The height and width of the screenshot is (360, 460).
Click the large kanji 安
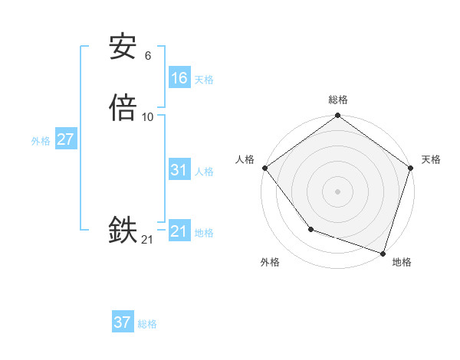pos(123,47)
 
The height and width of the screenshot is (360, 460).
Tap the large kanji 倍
pos(123,107)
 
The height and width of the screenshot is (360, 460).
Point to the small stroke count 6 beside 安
pos(147,55)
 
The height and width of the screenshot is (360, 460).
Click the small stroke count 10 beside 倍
pos(148,116)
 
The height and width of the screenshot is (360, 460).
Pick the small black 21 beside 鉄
pos(147,240)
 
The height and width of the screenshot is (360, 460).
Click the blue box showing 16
pos(179,78)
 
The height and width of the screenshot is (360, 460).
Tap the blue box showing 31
pos(179,170)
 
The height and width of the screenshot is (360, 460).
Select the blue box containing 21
pos(179,231)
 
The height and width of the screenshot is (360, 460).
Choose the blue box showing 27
pos(65,139)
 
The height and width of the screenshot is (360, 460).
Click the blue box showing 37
pos(122,322)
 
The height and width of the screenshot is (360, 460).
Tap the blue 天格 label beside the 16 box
pos(204,80)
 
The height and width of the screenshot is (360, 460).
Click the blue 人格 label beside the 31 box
pos(204,172)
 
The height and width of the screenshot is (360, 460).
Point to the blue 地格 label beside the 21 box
pos(204,233)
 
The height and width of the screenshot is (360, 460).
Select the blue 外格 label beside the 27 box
pos(41,141)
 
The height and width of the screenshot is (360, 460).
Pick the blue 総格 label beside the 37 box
pos(147,324)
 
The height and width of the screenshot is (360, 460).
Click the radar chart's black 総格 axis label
pos(337,100)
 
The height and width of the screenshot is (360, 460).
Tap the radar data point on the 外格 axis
pos(310,229)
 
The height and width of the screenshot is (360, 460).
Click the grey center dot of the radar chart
pos(337,191)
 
